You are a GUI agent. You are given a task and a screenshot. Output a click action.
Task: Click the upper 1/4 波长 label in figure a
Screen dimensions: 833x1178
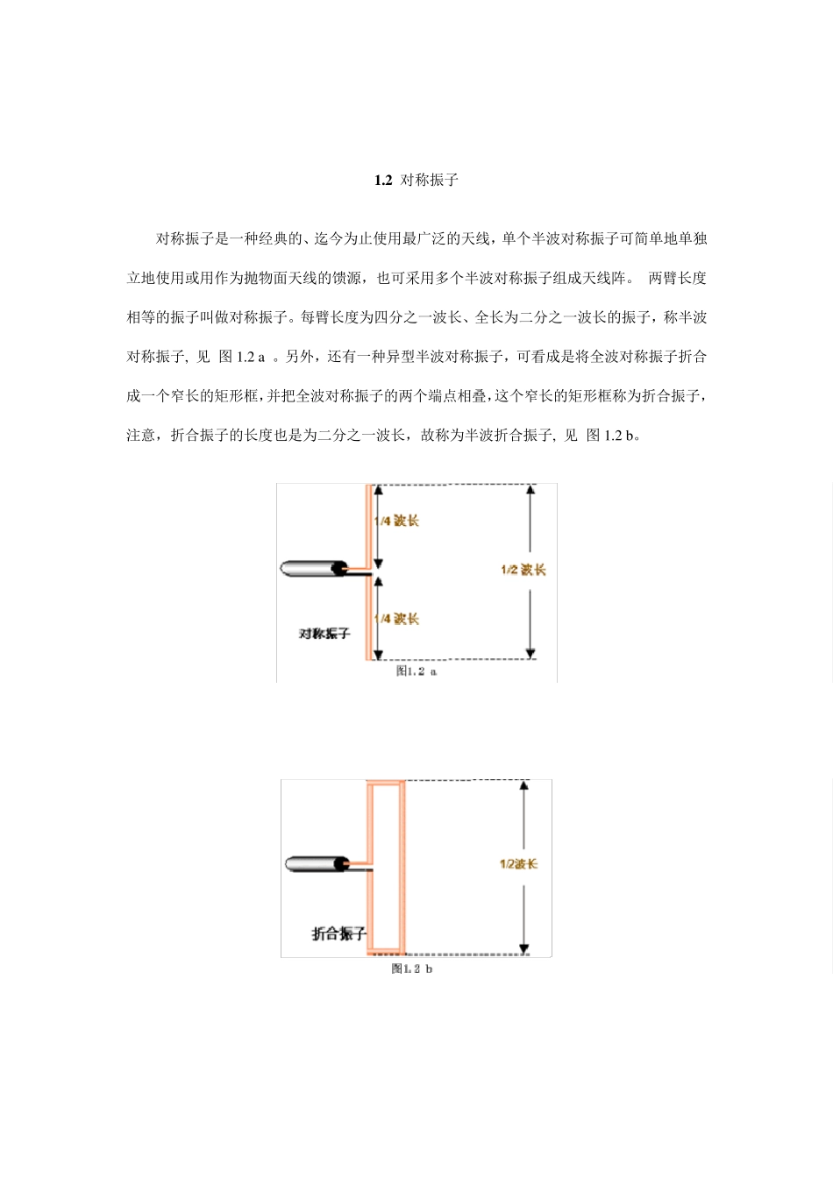(397, 521)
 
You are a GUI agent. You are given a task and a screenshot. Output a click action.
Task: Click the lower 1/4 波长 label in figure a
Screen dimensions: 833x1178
(397, 619)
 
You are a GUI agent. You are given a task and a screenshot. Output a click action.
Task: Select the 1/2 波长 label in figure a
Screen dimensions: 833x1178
(523, 570)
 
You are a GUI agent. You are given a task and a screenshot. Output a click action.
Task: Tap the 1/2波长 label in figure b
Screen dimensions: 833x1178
(518, 864)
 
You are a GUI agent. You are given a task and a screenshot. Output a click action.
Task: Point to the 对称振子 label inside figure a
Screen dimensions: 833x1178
(324, 633)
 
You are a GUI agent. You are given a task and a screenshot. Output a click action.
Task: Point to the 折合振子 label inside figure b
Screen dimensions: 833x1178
(338, 933)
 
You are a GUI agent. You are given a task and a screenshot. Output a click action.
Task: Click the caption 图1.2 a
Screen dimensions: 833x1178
(416, 671)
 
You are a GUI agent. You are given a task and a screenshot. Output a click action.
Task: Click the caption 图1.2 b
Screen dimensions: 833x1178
(412, 969)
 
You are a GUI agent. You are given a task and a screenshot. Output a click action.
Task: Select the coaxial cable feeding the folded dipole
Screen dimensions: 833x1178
(317, 864)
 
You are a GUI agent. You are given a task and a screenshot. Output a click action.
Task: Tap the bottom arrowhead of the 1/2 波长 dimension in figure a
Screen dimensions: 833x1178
(530, 653)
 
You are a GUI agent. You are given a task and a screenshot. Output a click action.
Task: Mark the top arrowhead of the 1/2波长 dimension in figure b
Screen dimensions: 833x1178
(523, 785)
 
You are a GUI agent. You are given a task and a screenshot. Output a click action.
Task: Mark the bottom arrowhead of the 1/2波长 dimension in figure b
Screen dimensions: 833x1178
(523, 948)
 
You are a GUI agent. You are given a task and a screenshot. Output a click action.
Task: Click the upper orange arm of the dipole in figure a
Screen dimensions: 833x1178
(368, 526)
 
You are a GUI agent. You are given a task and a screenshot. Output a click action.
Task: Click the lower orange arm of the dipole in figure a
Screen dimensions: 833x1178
(368, 618)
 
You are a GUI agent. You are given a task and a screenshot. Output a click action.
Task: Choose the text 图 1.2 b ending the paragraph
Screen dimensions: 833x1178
(609, 436)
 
